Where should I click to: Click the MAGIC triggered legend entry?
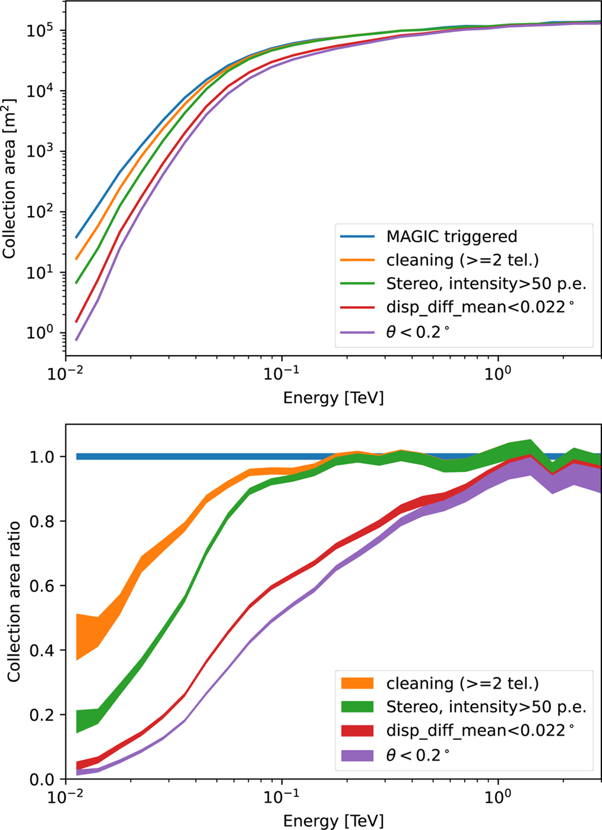coord(451,236)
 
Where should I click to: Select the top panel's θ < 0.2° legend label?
coord(417,332)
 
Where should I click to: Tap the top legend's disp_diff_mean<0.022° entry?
coord(480,308)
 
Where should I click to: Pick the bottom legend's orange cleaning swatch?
coord(357,683)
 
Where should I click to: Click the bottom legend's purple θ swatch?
coord(357,755)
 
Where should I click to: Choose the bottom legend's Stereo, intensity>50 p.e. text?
coord(486,707)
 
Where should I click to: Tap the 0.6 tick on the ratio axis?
coord(43,586)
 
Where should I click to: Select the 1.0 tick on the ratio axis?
coord(43,457)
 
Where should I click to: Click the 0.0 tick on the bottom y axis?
coord(43,779)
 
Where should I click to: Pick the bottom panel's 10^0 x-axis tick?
coord(498,797)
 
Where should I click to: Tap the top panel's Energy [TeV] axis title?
coord(333,398)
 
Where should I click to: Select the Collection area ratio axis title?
coord(14,601)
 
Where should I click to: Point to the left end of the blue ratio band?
coord(77,457)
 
